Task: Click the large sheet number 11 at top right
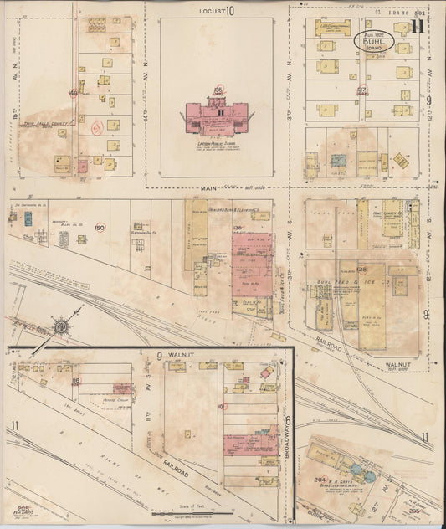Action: (418, 25)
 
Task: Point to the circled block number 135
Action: (218, 89)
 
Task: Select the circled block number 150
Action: (100, 227)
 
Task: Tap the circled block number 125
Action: (362, 269)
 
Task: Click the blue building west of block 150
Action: (28, 218)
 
